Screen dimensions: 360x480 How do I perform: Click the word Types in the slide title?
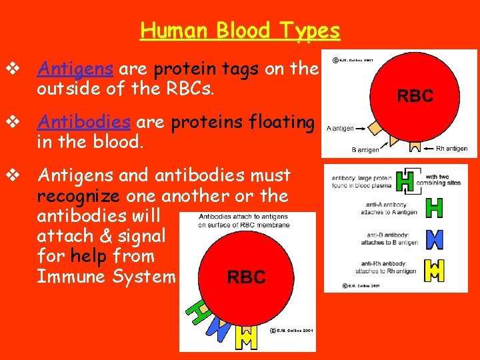click(x=310, y=31)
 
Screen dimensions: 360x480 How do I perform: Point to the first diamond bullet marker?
click(x=12, y=68)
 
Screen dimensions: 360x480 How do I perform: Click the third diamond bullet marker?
click(x=12, y=175)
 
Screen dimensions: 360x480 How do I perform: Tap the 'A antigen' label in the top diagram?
click(x=339, y=128)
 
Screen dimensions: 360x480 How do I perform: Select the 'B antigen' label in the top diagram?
click(x=365, y=150)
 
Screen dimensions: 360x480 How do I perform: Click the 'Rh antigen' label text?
click(x=451, y=149)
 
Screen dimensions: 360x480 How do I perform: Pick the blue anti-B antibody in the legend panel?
click(x=434, y=239)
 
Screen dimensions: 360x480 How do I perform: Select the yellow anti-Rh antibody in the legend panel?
click(x=434, y=269)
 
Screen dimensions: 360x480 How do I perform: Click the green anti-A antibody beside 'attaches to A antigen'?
click(x=434, y=209)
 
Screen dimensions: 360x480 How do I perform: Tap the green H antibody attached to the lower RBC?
click(x=198, y=311)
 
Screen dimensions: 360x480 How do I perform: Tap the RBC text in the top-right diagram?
click(x=415, y=96)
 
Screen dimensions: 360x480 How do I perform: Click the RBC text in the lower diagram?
click(x=246, y=277)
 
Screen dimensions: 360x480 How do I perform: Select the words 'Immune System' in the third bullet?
click(x=106, y=276)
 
